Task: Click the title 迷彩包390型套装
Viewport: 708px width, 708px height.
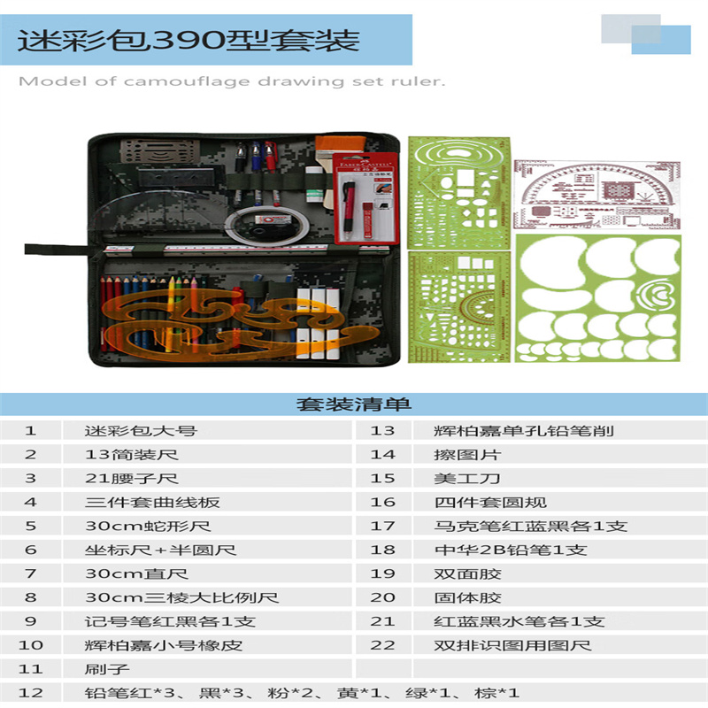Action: [x=189, y=41]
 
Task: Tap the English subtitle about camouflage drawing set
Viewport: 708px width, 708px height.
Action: [x=232, y=81]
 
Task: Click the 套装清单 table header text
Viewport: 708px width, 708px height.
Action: [x=353, y=404]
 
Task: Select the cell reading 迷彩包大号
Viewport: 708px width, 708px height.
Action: [x=141, y=431]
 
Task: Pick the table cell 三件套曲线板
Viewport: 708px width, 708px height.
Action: [x=152, y=502]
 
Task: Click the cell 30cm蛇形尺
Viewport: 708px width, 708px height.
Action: [x=148, y=526]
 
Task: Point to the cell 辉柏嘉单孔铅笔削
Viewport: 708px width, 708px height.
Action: [x=524, y=431]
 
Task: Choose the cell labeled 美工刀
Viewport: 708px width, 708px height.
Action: [x=467, y=478]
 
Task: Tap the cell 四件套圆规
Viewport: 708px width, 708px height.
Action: [x=490, y=502]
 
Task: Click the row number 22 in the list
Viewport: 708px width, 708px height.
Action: [x=382, y=645]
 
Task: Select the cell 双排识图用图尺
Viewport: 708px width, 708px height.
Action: [x=512, y=645]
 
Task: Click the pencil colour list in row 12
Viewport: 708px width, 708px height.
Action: [x=302, y=693]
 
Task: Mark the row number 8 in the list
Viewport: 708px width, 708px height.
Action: [x=30, y=597]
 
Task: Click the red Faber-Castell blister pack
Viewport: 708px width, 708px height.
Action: [x=366, y=198]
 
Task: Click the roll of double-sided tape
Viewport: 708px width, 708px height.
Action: [x=268, y=226]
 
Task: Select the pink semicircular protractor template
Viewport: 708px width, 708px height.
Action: [x=596, y=195]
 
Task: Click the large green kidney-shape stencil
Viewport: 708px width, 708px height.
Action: [x=598, y=298]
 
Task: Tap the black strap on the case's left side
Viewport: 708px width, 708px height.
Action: [x=57, y=250]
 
